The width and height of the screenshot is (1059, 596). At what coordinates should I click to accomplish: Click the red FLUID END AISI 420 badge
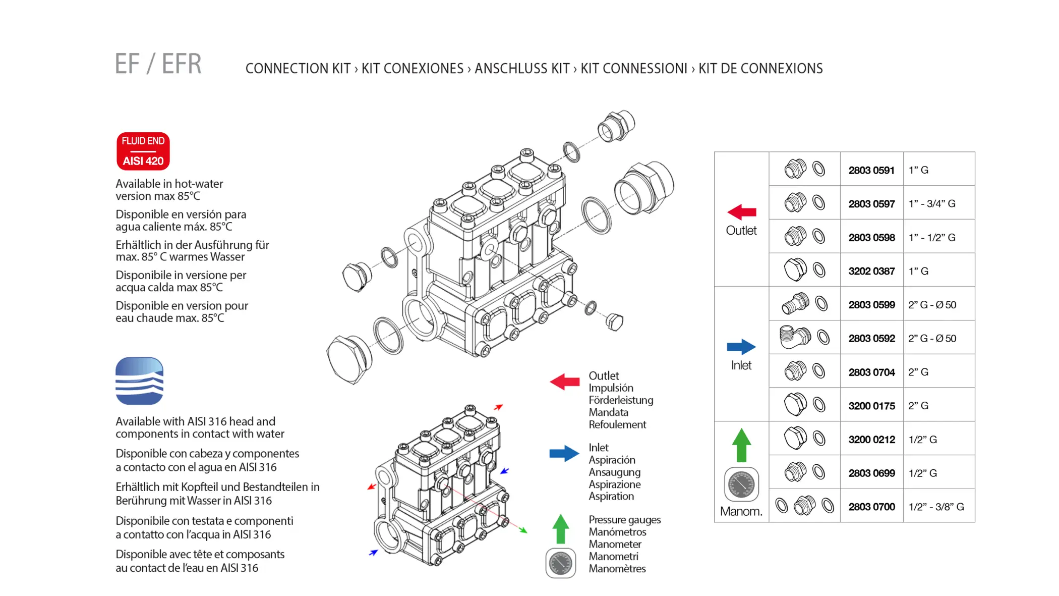tap(143, 151)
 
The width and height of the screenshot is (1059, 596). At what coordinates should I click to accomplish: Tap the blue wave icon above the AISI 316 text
tap(140, 381)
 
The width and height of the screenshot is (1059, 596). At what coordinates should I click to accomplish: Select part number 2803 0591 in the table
tap(871, 170)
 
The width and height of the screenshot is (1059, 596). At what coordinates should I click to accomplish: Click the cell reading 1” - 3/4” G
tap(932, 204)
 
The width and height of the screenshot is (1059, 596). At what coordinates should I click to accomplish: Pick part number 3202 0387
tap(871, 271)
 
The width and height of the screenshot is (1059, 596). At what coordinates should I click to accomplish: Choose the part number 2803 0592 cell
tap(871, 338)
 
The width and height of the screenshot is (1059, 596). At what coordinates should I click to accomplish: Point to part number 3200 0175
tap(871, 406)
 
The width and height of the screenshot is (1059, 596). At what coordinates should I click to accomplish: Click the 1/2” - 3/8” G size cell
tap(936, 507)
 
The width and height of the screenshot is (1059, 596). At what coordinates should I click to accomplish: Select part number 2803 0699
tap(871, 473)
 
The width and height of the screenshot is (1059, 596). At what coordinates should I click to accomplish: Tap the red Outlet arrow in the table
tap(742, 212)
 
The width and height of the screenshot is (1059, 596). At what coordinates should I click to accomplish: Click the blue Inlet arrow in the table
tap(741, 347)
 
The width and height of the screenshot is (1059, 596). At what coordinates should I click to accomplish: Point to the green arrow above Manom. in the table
tap(741, 445)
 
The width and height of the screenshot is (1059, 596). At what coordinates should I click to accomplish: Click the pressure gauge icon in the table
tap(741, 484)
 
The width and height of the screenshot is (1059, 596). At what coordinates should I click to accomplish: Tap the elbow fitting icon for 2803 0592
tap(795, 337)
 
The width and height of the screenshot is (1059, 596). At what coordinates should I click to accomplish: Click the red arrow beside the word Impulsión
tap(565, 382)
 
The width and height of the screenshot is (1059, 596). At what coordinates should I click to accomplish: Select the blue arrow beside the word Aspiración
tap(564, 453)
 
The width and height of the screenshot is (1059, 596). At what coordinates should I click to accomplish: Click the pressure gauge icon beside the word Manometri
tap(561, 563)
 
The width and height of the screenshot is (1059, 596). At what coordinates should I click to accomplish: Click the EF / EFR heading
tap(158, 64)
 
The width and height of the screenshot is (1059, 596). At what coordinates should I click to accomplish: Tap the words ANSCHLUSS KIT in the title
tap(522, 68)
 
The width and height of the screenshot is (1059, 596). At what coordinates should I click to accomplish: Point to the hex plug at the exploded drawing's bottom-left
tap(349, 359)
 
